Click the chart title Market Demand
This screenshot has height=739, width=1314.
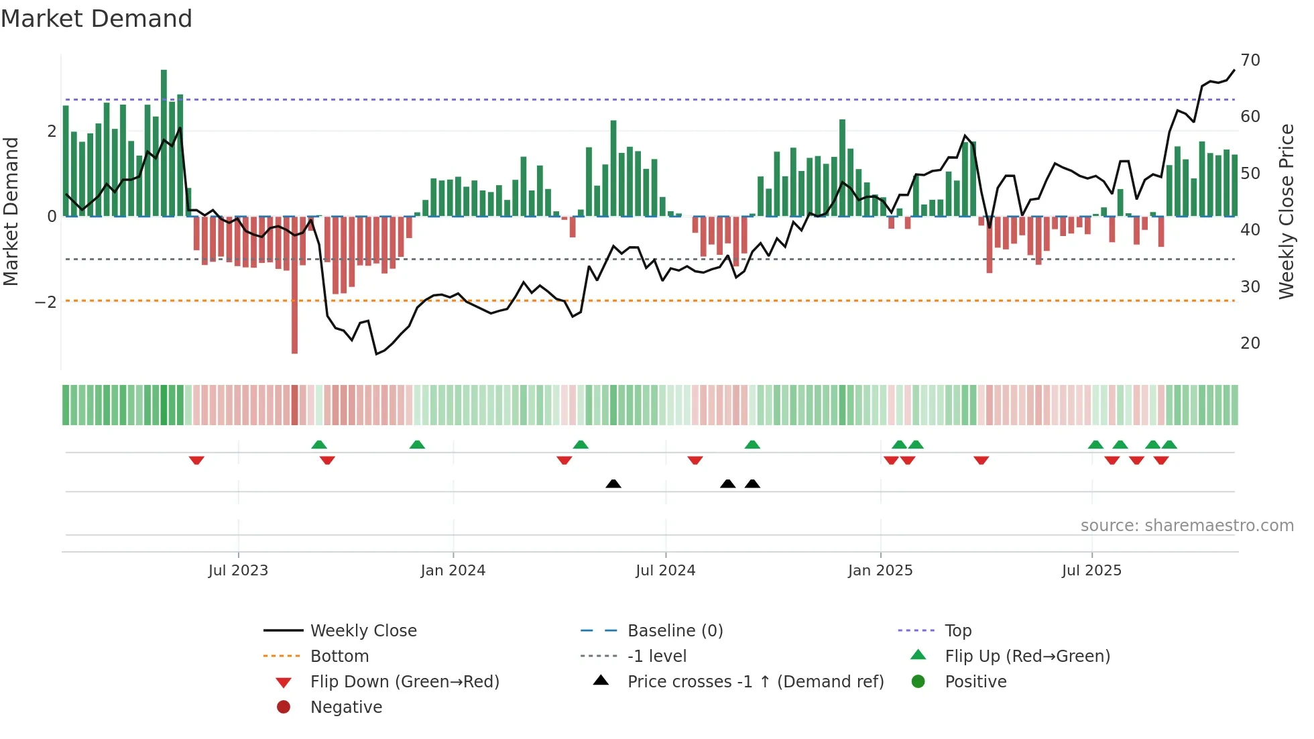[x=97, y=19]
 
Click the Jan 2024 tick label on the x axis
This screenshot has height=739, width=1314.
[x=453, y=571]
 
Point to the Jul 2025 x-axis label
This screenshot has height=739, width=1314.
[x=1091, y=571]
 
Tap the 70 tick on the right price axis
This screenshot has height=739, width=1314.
[x=1250, y=60]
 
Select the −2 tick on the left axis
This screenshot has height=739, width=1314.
[x=46, y=302]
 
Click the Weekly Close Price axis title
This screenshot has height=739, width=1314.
[x=1286, y=211]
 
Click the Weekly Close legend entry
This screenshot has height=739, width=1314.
[x=363, y=631]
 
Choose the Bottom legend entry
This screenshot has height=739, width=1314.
[x=339, y=657]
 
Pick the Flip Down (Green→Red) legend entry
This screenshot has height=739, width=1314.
[x=404, y=682]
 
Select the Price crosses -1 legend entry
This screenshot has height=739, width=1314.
[x=755, y=682]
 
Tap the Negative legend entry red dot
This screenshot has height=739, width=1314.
[x=284, y=707]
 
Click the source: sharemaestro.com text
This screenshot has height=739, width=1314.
[x=1187, y=526]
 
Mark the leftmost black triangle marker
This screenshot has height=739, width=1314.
[x=613, y=484]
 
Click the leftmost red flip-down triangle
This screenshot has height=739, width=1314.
[x=196, y=460]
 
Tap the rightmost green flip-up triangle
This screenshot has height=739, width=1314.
[x=1169, y=445]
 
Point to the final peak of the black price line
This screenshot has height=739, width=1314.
[x=1234, y=70]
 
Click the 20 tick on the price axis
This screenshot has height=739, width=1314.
[x=1250, y=343]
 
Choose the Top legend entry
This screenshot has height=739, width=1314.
[x=957, y=631]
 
